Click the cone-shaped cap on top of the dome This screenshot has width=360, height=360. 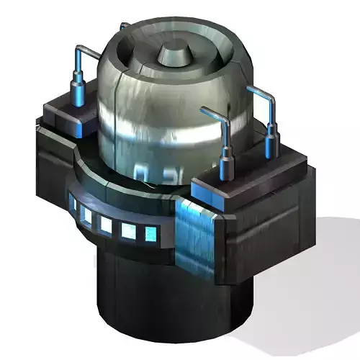pos(173,53)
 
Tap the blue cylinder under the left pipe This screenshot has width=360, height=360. pos(77,94)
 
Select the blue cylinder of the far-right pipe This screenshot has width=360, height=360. pos(272,140)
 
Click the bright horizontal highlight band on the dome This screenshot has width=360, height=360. pos(166,130)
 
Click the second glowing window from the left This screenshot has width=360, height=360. pos(87,215)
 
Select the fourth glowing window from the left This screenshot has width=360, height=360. pos(129,230)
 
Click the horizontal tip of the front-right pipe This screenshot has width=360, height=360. pos(206,111)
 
